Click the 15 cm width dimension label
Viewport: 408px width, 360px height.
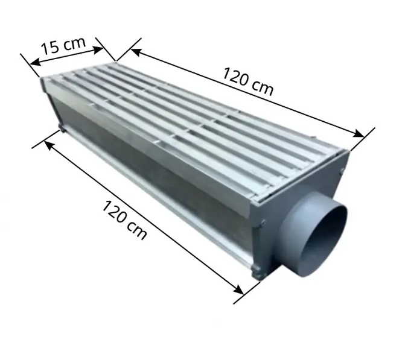click(x=63, y=46)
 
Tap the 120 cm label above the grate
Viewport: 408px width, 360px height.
click(x=248, y=81)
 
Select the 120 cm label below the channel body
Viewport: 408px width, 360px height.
click(x=124, y=219)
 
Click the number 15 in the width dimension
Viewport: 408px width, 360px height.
click(x=50, y=49)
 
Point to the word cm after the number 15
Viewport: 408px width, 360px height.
click(x=75, y=43)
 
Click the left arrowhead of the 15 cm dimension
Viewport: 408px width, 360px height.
click(x=35, y=62)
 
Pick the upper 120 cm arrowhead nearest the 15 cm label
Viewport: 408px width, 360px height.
click(x=136, y=52)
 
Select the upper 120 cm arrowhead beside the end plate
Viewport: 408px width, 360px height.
click(x=359, y=133)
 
